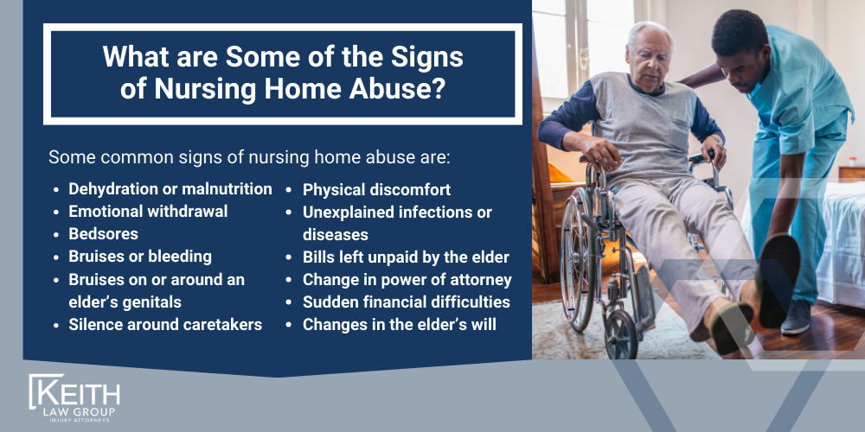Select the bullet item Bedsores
click(103, 234)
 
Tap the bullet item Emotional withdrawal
click(148, 212)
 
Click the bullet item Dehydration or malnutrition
click(170, 189)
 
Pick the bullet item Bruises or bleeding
click(139, 257)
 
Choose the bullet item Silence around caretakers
click(164, 325)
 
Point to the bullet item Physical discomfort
click(376, 189)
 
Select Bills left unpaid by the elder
click(406, 257)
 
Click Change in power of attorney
click(407, 280)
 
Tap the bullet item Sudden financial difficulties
click(406, 302)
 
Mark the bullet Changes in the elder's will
click(399, 325)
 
